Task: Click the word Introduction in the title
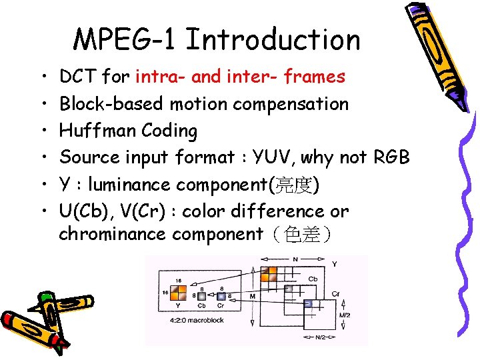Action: (273, 40)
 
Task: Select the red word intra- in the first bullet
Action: (161, 77)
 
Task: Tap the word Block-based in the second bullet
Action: (112, 104)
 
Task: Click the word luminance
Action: (133, 184)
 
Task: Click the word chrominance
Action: (113, 234)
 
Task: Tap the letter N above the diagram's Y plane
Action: (295, 259)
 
